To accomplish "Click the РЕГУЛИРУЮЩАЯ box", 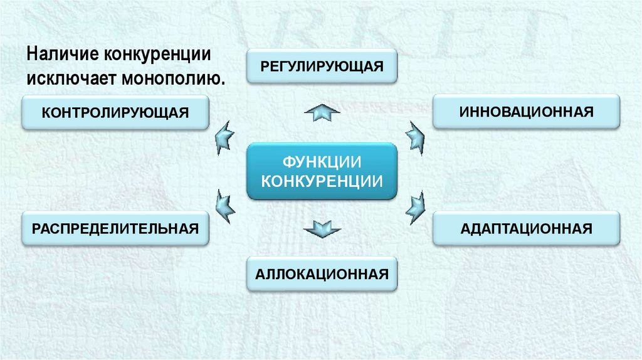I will (x=322, y=66).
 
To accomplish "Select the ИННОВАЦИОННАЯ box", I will (x=526, y=112).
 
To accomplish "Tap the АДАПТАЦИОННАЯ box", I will (x=526, y=228).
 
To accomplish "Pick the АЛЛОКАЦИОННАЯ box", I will (x=322, y=274).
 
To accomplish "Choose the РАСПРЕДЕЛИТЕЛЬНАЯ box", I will (x=115, y=228).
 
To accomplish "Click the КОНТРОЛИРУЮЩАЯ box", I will (x=115, y=112).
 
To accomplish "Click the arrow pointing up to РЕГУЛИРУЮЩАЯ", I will (x=322, y=113).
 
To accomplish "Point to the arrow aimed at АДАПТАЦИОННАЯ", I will (x=414, y=207).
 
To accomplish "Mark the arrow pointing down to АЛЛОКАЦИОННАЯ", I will (x=322, y=228).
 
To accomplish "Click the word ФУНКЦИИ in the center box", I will (x=322, y=162).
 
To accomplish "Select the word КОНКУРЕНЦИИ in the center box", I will (x=322, y=181).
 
